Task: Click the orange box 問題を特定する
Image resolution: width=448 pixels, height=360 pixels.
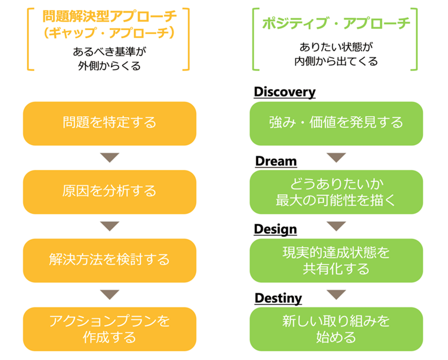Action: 110,124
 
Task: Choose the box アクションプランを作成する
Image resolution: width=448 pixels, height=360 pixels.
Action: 110,329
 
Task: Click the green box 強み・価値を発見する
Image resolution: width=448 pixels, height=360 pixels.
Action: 336,124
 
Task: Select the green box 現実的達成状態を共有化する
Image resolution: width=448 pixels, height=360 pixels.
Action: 336,261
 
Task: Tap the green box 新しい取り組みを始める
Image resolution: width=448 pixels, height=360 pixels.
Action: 336,329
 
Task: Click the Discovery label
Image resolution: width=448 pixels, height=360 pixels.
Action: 285,92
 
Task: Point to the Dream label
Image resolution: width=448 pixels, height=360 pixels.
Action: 276,161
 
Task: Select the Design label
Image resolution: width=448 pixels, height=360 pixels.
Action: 275,229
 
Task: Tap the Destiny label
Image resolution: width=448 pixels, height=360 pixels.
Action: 278,299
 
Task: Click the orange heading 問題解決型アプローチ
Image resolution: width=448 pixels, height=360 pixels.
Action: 110,16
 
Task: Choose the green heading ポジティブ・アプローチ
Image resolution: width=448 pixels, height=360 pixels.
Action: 336,23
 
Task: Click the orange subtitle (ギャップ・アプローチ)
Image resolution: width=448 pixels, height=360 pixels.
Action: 109,32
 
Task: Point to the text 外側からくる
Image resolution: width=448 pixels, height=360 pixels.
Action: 110,66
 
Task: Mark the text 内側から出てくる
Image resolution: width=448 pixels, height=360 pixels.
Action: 336,61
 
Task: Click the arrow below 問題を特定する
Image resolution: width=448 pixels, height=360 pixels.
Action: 110,158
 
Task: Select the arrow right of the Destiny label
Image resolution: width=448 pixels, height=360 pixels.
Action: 336,295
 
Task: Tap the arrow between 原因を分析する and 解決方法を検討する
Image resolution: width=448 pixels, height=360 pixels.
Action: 110,226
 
